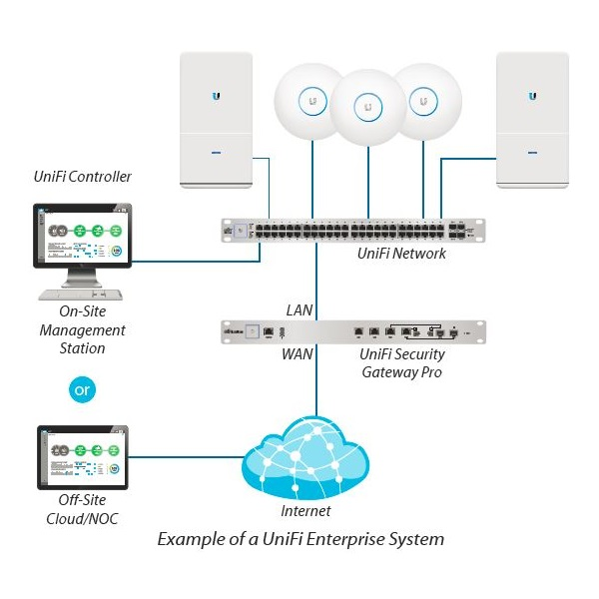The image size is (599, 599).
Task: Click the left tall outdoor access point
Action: pos(217,120)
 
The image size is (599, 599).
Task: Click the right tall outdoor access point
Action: pos(532,120)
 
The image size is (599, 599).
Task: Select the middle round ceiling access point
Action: pos(369,105)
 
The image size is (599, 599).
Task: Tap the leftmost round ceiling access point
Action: pos(312,101)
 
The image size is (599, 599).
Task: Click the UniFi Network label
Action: pos(401,254)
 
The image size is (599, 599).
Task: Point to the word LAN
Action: pos(299,310)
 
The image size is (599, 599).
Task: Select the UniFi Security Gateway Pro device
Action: pos(351,330)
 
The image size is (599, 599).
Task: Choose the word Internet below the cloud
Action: pos(305,511)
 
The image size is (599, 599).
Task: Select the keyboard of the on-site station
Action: pos(80,297)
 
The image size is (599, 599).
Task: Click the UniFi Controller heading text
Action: pos(82,178)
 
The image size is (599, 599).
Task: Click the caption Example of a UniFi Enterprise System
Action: pos(300,539)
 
